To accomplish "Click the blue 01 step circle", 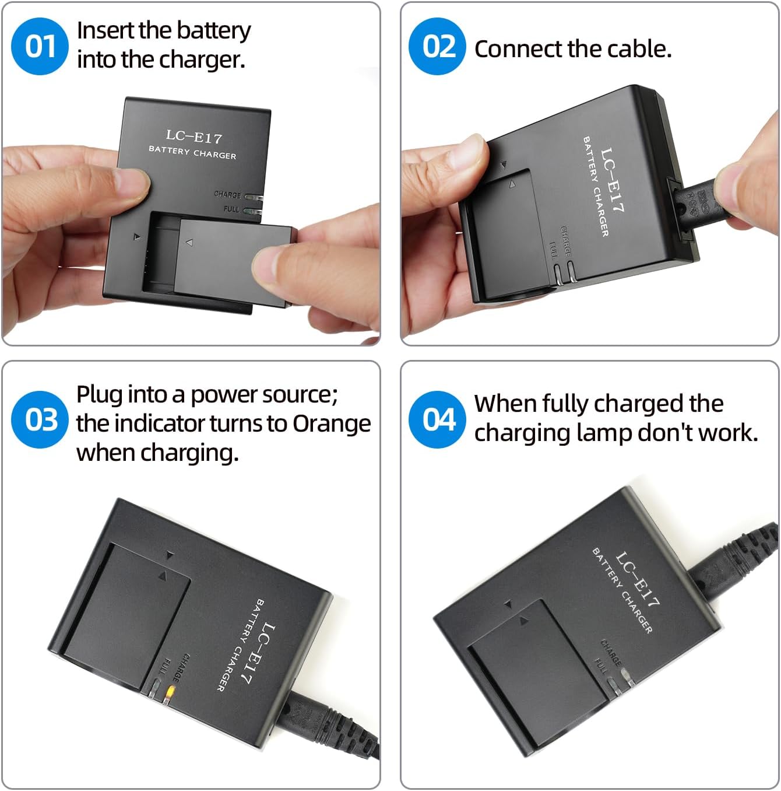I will pyautogui.click(x=40, y=46).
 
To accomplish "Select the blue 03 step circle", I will pyautogui.click(x=40, y=420).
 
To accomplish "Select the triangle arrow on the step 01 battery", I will pyautogui.click(x=189, y=243).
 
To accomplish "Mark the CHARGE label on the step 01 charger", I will pyautogui.click(x=227, y=194).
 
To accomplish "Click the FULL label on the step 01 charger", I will pyautogui.click(x=231, y=209).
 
